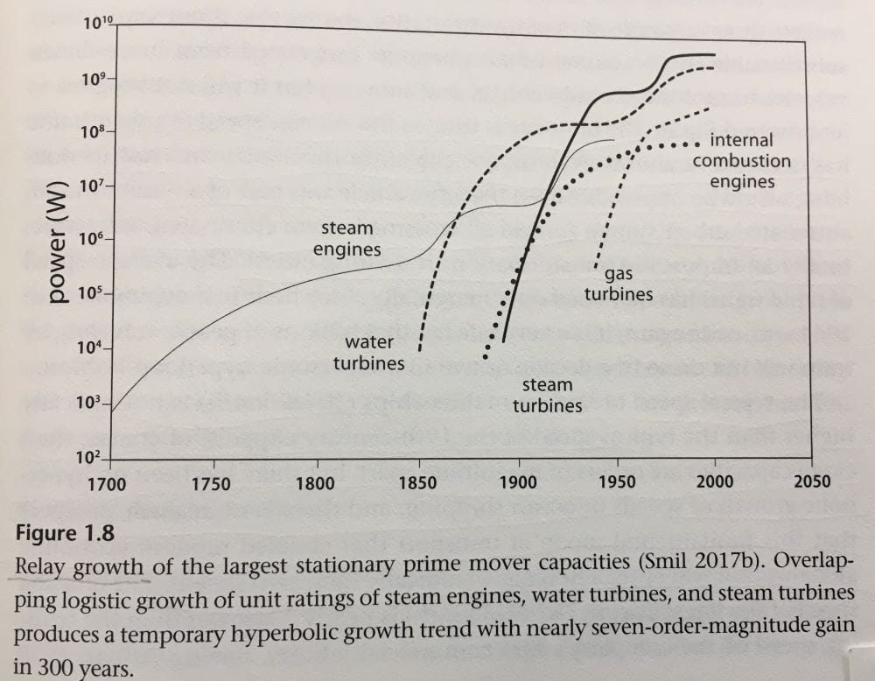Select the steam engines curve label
(347, 239)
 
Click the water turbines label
(368, 352)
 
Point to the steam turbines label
(547, 395)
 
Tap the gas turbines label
(619, 284)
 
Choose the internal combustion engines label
(741, 161)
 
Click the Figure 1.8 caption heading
(60, 532)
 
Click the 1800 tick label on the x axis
(315, 484)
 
